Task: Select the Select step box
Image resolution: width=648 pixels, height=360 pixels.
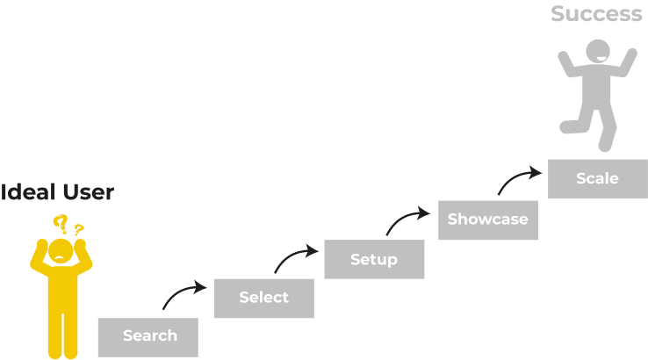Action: pos(263,299)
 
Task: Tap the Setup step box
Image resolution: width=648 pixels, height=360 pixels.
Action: pos(374,260)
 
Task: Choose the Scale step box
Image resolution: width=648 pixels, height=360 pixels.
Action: pos(597,179)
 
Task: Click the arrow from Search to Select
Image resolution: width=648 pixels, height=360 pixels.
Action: pos(184,294)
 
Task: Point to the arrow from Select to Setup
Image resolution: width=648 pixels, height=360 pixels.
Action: pos(296,257)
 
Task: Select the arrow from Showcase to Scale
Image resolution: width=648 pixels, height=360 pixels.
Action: pos(520,178)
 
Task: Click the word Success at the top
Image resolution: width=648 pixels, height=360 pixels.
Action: pos(597,14)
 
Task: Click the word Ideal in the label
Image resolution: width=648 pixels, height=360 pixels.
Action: pos(20,192)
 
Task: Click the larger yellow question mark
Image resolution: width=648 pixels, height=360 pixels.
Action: pos(61,223)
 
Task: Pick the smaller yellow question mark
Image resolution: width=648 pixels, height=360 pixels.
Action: pos(79,231)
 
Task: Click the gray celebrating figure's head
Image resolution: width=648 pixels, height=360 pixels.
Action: pos(600,52)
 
